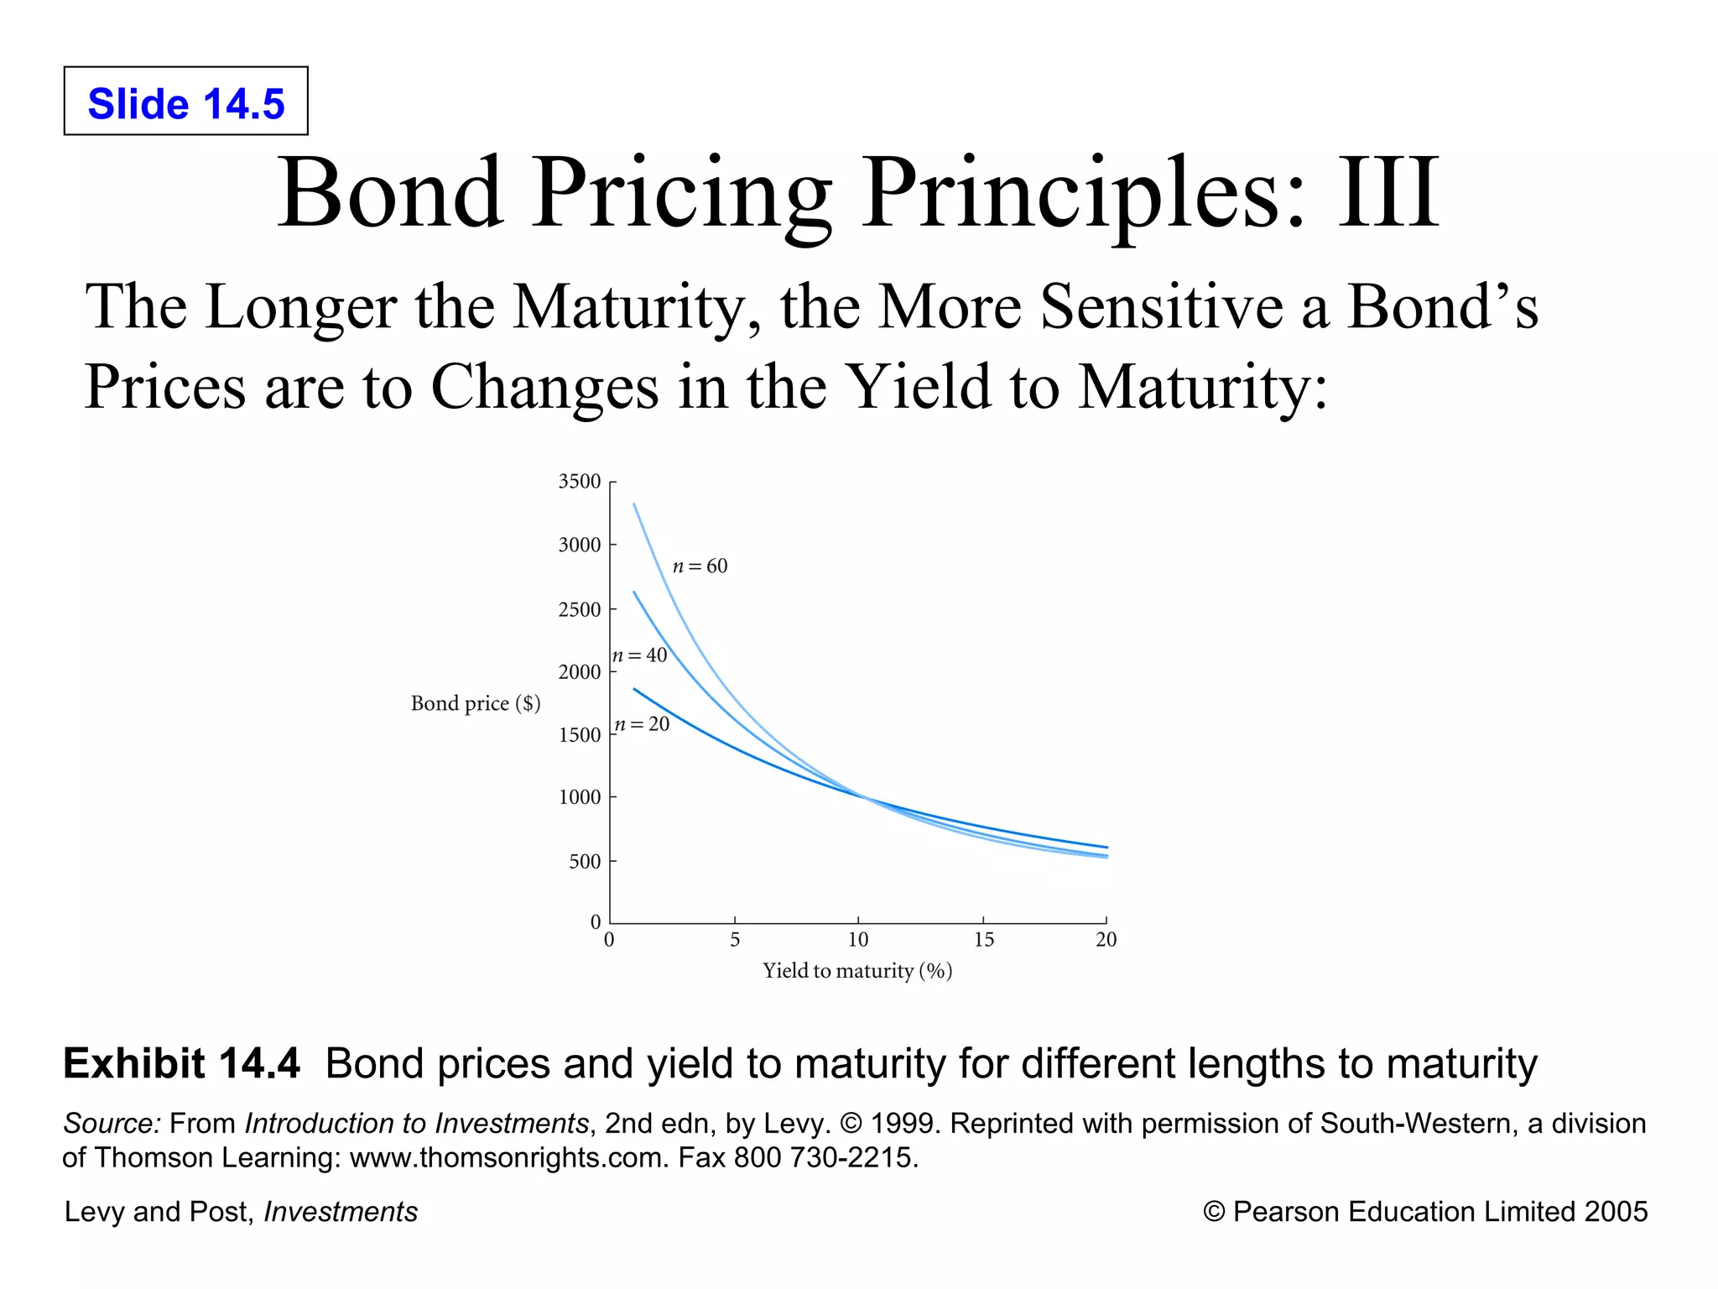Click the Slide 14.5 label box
[x=185, y=101]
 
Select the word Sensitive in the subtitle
[x=1163, y=307]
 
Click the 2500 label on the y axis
[x=580, y=610]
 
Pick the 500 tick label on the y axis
[x=585, y=862]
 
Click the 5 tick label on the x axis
[x=735, y=940]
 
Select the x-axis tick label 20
[x=1106, y=940]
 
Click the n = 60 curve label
[x=700, y=566]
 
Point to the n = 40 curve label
[x=640, y=655]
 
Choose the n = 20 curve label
[x=642, y=724]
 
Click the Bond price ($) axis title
[x=476, y=703]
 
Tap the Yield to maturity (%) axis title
[x=857, y=971]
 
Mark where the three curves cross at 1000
[x=864, y=796]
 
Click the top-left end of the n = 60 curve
[x=634, y=504]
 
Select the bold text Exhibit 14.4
[x=181, y=1063]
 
